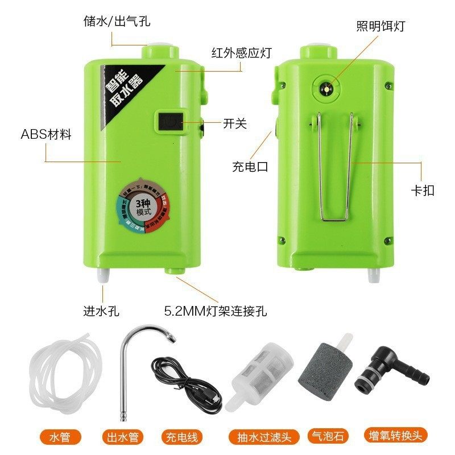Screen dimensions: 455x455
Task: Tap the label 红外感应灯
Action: click(x=241, y=53)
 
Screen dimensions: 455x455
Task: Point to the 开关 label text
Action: click(x=235, y=123)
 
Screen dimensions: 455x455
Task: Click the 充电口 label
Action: click(x=250, y=167)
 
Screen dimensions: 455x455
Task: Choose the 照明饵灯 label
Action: click(x=380, y=26)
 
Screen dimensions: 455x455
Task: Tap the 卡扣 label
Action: click(x=422, y=190)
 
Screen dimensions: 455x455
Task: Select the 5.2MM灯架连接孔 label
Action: click(x=216, y=312)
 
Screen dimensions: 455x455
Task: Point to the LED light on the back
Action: click(x=328, y=89)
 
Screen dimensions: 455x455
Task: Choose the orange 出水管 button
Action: click(x=123, y=437)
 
